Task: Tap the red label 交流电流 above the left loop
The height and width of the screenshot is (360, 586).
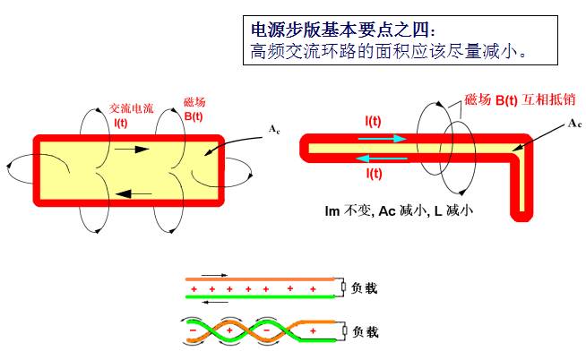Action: point(132,107)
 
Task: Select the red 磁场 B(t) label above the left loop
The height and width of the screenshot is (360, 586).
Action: point(194,109)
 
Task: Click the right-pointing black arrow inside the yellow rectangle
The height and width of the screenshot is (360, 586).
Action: point(130,149)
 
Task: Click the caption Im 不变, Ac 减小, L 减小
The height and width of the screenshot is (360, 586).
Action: point(399,211)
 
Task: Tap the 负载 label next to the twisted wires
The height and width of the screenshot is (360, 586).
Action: point(366,332)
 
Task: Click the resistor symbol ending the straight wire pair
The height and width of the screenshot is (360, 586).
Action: point(343,287)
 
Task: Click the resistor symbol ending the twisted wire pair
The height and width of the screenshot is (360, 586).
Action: point(343,333)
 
